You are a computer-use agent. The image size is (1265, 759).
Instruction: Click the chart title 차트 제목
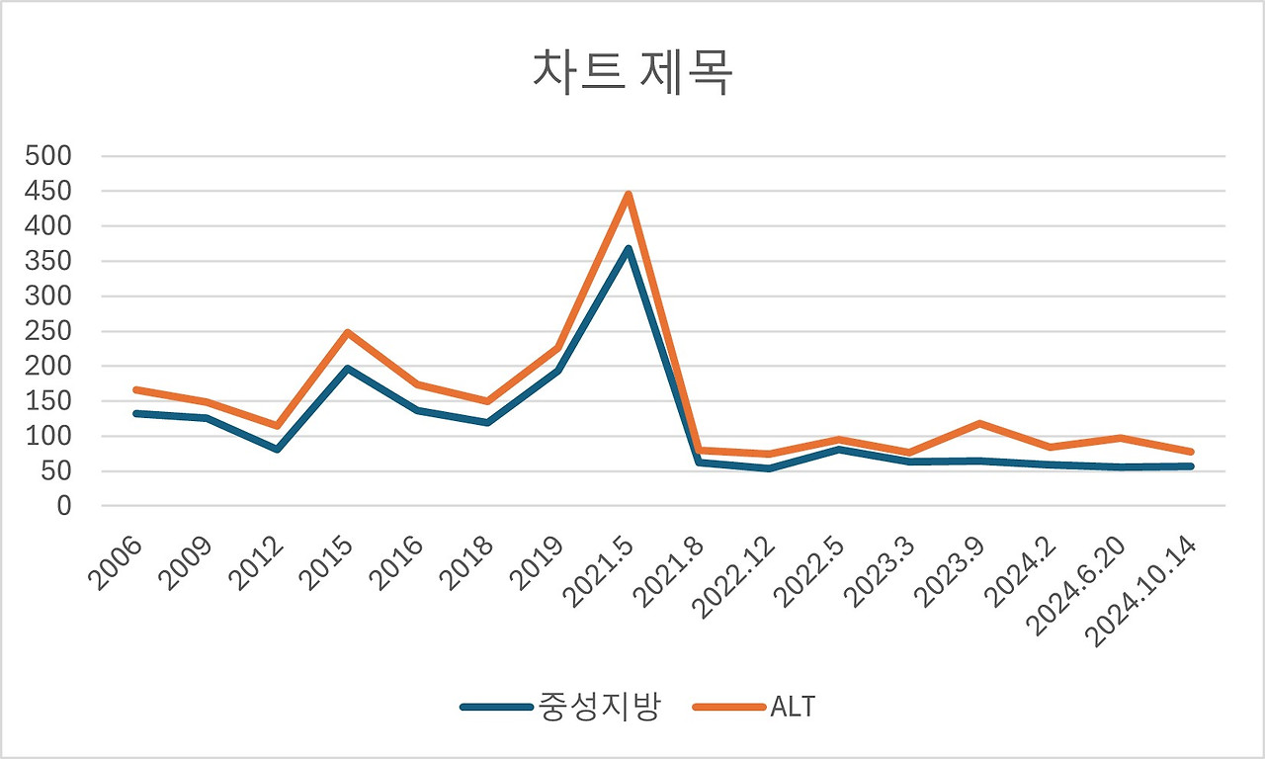(x=632, y=74)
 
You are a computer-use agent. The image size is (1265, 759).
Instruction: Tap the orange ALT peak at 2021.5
(x=628, y=195)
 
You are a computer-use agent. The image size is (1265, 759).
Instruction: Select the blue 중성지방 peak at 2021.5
(x=628, y=249)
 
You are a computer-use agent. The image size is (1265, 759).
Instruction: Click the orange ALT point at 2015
(x=347, y=332)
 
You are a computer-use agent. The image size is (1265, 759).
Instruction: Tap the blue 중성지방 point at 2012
(x=277, y=450)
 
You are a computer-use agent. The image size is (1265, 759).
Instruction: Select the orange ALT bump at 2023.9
(x=979, y=423)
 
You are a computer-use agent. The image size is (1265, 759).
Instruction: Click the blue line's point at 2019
(x=557, y=372)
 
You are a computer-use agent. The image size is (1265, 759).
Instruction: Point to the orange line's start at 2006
(x=136, y=389)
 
